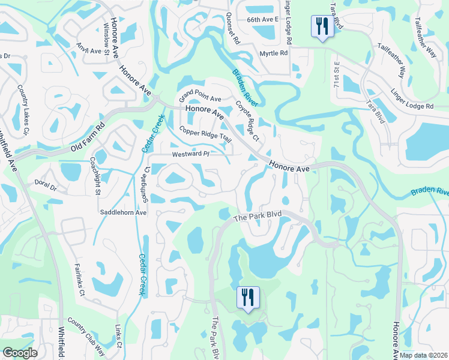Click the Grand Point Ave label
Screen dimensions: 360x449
200,97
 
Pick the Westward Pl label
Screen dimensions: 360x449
190,154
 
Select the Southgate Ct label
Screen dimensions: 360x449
146,177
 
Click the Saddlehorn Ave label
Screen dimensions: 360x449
124,212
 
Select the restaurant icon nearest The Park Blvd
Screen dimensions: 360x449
247,298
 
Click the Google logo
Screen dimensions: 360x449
20,353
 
